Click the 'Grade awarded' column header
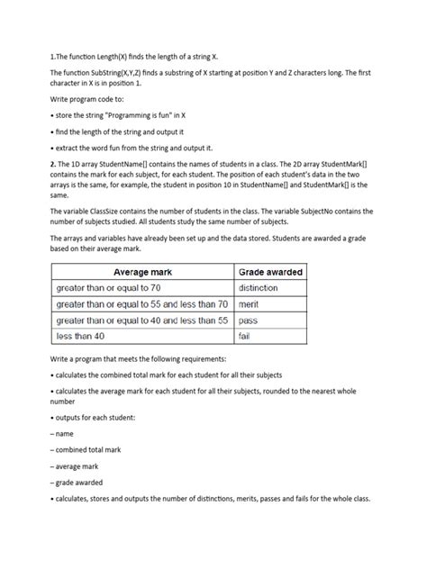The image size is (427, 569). (270, 271)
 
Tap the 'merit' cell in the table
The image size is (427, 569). (249, 303)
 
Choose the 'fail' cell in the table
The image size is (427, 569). (244, 336)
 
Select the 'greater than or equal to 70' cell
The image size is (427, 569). (106, 287)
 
